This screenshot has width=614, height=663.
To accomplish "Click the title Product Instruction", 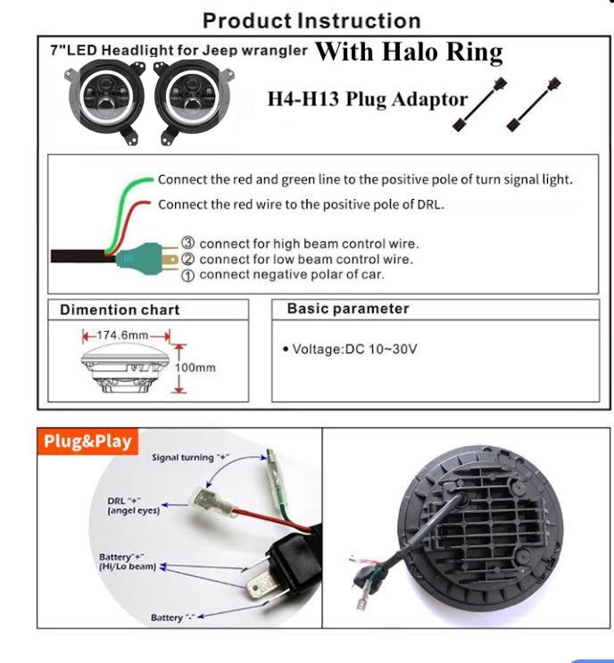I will tap(311, 20).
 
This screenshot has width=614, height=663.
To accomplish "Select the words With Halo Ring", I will tap(409, 52).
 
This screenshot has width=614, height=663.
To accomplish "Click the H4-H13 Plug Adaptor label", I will tap(367, 97).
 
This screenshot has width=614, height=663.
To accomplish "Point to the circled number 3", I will tap(189, 244).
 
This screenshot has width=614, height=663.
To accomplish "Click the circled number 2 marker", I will tap(189, 259).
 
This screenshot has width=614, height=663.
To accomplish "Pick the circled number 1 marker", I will tap(189, 274).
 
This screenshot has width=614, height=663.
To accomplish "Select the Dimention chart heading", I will tap(120, 310).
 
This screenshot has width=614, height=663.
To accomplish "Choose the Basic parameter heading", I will tap(348, 309).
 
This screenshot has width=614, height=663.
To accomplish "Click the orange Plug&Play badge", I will tap(87, 442).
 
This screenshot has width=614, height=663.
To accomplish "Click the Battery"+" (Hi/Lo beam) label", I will tap(128, 561).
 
